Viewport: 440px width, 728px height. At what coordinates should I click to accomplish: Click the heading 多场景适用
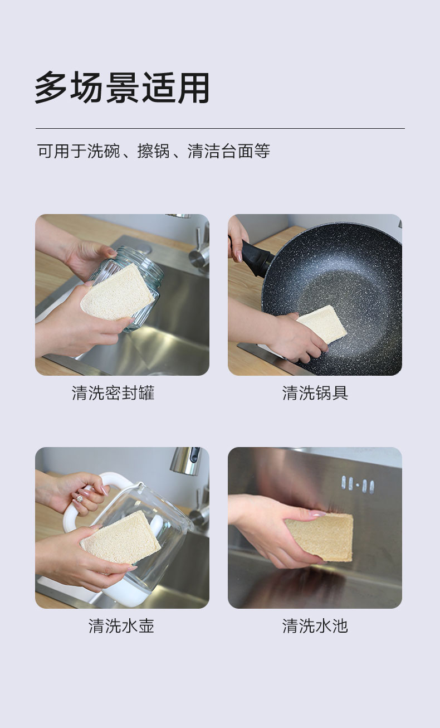point(122,88)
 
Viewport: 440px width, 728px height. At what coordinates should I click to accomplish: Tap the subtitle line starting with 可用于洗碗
point(153,151)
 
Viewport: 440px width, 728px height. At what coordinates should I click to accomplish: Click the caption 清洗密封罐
point(113,393)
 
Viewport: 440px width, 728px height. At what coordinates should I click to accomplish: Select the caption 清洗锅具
point(315,393)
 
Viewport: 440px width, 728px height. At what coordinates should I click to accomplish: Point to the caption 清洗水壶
point(121,625)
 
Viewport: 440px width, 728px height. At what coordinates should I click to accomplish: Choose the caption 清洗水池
point(315,625)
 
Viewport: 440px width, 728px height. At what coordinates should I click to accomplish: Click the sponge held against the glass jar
point(118,293)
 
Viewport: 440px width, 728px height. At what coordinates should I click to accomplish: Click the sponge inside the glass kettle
point(121,538)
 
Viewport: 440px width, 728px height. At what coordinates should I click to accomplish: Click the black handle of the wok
point(253,257)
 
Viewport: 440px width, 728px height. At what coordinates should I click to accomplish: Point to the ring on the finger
point(79,498)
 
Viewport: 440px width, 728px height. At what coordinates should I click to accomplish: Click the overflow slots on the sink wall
point(358,485)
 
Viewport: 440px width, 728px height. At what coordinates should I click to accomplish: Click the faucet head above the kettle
point(185,459)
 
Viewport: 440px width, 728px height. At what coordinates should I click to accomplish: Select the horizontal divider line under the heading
point(220,128)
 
